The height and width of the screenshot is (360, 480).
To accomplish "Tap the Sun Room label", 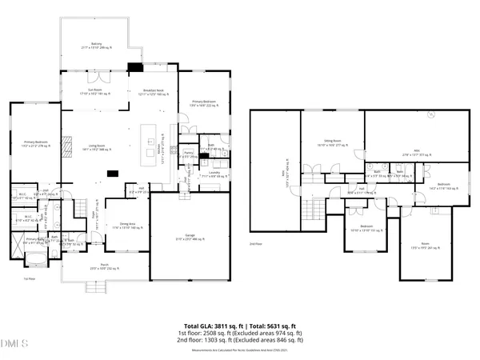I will pos(97,92).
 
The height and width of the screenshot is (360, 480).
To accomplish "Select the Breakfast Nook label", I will pos(153,92).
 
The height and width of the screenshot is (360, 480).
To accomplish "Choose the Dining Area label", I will pos(119,226).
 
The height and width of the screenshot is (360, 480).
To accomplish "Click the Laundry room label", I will pos(214,172).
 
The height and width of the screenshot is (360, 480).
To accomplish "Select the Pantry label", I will pos(190,153).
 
